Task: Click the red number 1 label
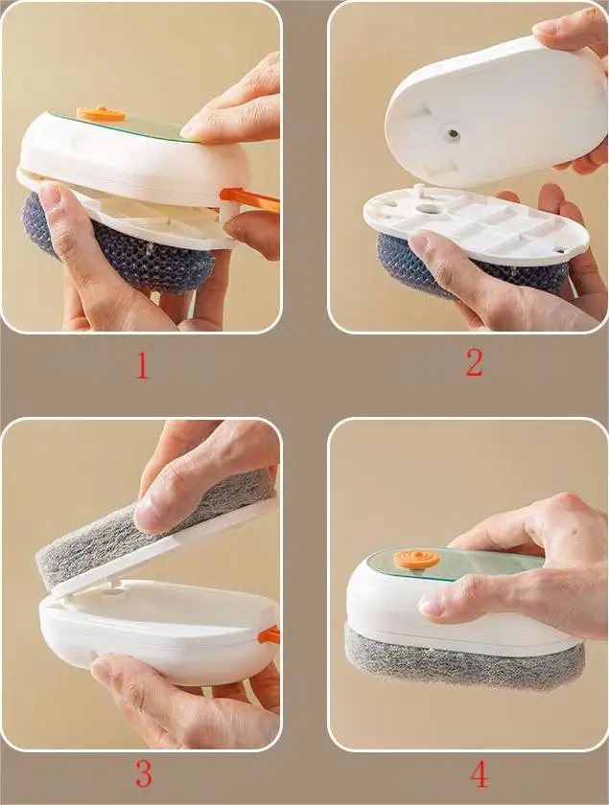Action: pyautogui.click(x=142, y=366)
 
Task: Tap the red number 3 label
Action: pyautogui.click(x=143, y=771)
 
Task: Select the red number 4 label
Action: pyautogui.click(x=479, y=772)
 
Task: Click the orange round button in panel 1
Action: pyautogui.click(x=101, y=114)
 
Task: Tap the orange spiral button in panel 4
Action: pyautogui.click(x=417, y=560)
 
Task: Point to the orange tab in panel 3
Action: pyautogui.click(x=270, y=634)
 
